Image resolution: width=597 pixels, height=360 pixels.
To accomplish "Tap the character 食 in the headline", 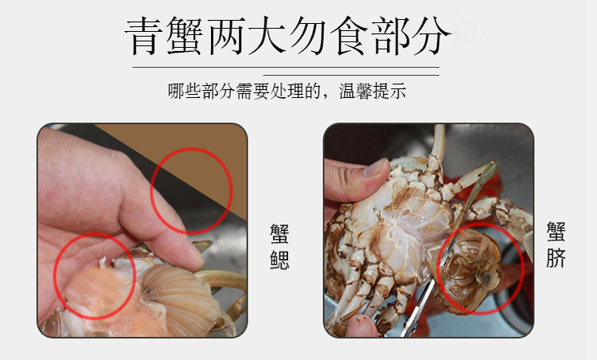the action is pyautogui.click(x=349, y=36).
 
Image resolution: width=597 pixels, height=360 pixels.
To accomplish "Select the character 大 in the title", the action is pyautogui.click(x=267, y=36).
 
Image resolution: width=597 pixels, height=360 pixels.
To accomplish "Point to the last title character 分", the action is pyautogui.click(x=431, y=36).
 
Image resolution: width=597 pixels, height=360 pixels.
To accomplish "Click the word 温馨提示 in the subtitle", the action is pyautogui.click(x=373, y=91).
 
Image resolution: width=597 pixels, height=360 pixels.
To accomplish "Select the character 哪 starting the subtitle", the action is pyautogui.click(x=176, y=91).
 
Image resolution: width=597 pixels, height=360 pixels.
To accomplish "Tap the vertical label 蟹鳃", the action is pyautogui.click(x=279, y=246).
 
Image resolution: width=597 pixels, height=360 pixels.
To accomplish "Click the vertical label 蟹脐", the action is pyautogui.click(x=556, y=245).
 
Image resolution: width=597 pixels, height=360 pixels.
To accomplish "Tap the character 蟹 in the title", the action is pyautogui.click(x=185, y=36).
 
